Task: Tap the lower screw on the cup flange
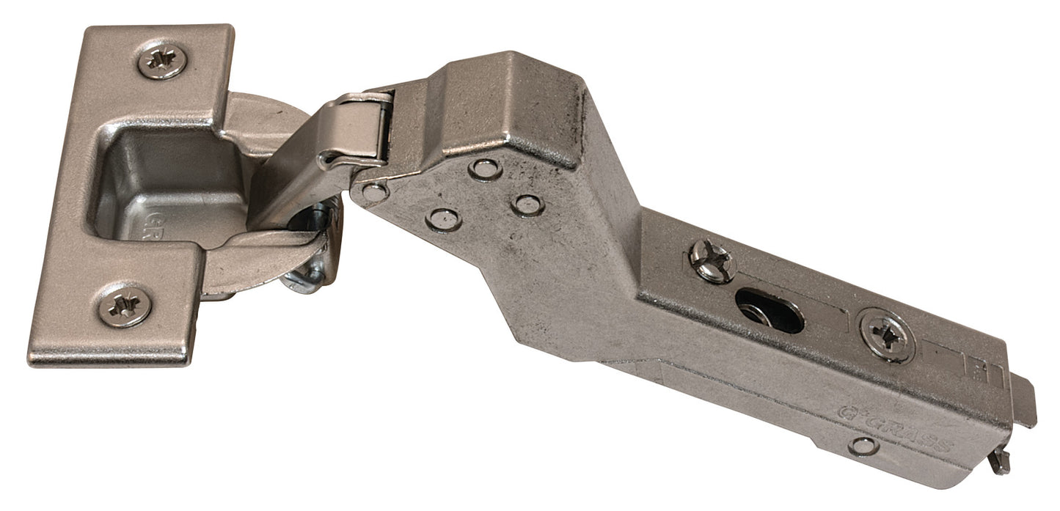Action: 125,305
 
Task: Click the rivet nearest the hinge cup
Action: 374,193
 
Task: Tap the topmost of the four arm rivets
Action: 485,169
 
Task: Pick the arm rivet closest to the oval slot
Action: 527,205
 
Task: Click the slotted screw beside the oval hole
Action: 712,260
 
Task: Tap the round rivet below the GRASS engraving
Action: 863,445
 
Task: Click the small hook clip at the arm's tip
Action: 998,462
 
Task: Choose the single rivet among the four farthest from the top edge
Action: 443,218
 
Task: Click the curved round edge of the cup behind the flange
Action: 271,117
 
